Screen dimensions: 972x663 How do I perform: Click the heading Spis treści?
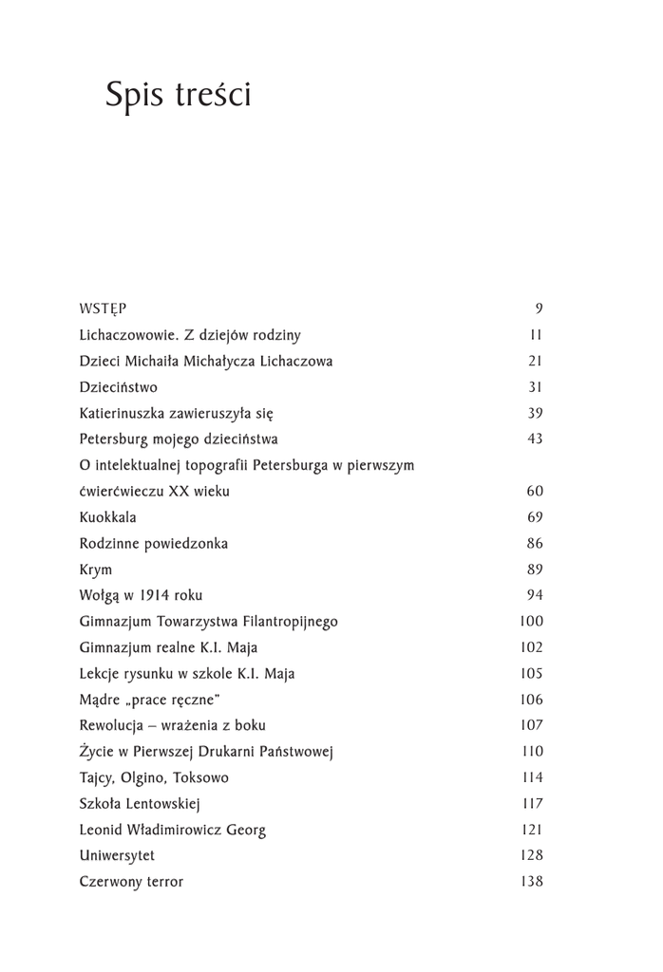click(178, 96)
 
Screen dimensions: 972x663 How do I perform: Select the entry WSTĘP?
click(104, 308)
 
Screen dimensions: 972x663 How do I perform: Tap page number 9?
click(539, 308)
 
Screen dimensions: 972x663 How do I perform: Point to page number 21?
click(535, 362)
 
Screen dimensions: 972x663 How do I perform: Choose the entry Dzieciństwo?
click(119, 387)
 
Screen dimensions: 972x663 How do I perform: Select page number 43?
click(535, 439)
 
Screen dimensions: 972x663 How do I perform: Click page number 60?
click(535, 492)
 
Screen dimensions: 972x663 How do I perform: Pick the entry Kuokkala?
click(108, 517)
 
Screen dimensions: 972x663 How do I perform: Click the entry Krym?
click(96, 570)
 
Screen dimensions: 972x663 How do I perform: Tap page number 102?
click(532, 648)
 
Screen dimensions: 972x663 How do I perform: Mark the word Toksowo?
click(200, 778)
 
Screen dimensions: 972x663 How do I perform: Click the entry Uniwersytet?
click(118, 856)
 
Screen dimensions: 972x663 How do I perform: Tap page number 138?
click(532, 882)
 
